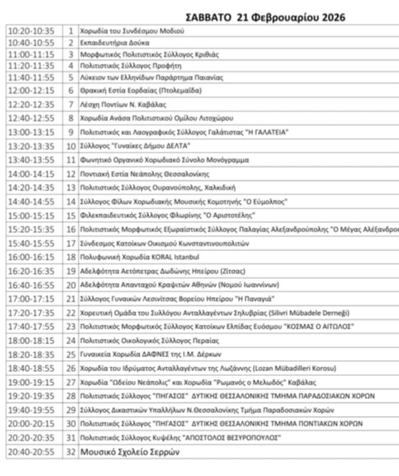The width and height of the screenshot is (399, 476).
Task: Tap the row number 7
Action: pos(71,105)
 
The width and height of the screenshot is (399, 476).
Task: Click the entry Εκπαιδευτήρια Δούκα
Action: pos(115,43)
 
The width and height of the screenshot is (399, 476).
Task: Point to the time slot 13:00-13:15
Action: pos(31,132)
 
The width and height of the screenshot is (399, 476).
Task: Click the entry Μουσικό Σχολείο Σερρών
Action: pos(130,452)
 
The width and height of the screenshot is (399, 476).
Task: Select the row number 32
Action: pos(71,452)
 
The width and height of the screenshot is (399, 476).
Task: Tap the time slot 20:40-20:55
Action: pos(31,452)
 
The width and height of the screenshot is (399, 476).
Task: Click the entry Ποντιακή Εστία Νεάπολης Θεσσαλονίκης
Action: pos(145,174)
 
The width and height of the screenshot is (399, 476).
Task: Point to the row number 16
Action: pos(71,229)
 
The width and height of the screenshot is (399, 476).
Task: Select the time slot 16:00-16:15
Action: pos(31,257)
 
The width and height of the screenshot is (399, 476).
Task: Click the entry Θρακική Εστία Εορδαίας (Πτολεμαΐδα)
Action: pos(141,91)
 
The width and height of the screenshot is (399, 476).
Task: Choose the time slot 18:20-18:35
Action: pos(31,354)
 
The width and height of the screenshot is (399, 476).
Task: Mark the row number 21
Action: pos(71,299)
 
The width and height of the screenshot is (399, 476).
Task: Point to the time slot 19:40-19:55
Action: pos(31,410)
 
